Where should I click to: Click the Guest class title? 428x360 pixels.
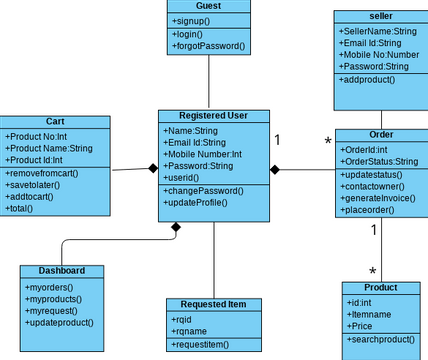208,6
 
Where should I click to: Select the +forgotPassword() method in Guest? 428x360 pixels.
208,46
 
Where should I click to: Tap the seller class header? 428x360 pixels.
381,16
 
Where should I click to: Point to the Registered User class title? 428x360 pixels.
213,115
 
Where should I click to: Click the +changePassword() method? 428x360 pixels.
203,190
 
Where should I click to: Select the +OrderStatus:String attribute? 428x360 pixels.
379,161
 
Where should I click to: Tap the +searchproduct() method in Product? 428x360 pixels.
381,340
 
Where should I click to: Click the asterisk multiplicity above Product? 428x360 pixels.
373,271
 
